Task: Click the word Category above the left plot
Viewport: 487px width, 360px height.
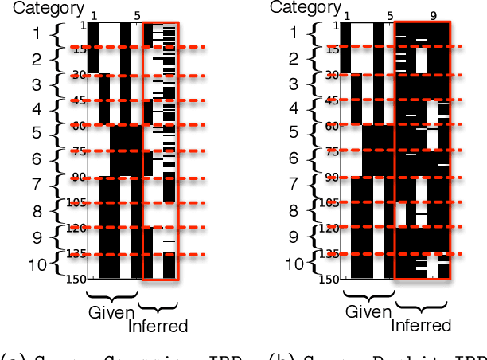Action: point(49,9)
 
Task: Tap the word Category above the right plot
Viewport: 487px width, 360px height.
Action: point(306,7)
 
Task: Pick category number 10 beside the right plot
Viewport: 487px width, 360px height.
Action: point(294,264)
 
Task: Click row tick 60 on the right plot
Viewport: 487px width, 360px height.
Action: point(331,126)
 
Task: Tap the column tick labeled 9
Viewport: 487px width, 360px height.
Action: point(432,15)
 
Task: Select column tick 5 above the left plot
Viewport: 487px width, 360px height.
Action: point(137,16)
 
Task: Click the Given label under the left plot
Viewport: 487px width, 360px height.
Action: point(111,311)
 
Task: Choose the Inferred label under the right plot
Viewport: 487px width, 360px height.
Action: point(421,325)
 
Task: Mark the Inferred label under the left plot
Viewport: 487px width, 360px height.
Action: point(158,326)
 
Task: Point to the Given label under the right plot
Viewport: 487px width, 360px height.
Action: point(368,311)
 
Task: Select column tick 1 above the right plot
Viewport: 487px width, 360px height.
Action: point(345,15)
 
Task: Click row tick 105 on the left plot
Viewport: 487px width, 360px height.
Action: point(78,203)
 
